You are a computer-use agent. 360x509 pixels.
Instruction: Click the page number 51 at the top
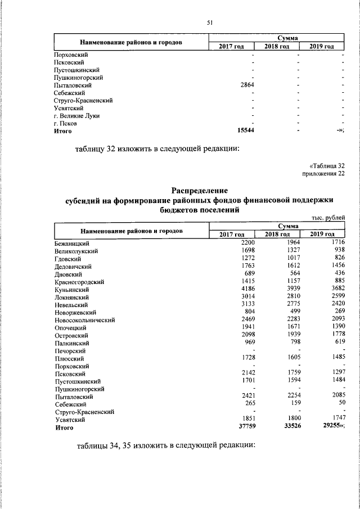click(209, 22)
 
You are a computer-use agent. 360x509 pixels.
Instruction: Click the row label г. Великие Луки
click(76, 115)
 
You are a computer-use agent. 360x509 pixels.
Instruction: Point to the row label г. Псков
click(65, 123)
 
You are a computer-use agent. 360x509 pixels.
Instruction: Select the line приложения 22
click(323, 173)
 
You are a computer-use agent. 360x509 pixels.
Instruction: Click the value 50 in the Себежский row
click(340, 404)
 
